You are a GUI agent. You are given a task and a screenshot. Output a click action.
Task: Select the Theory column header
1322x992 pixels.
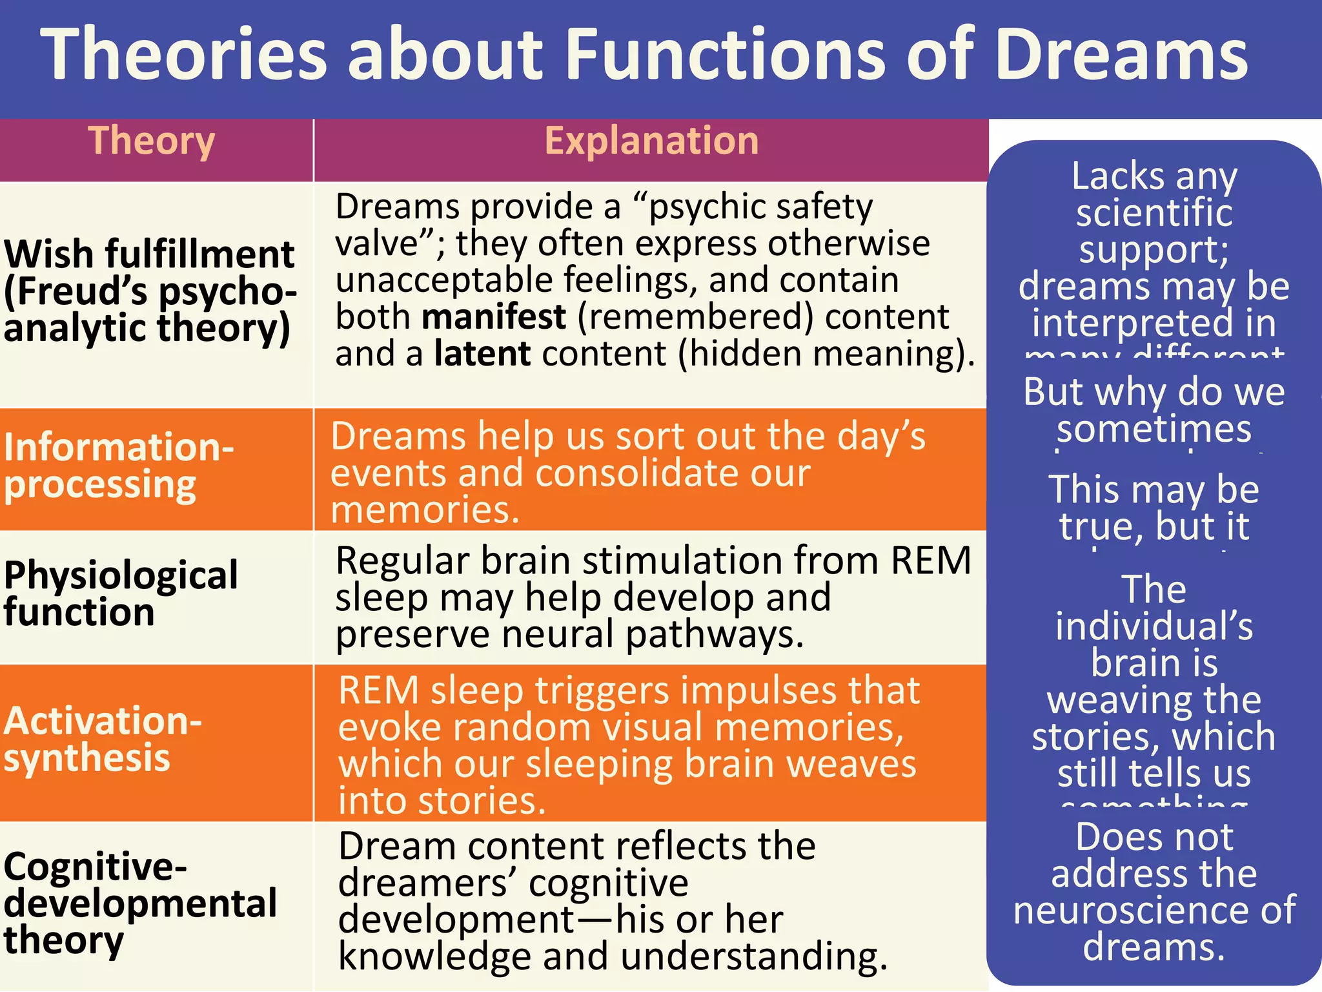coord(152,141)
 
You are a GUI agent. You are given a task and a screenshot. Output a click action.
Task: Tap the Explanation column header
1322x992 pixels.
coord(651,141)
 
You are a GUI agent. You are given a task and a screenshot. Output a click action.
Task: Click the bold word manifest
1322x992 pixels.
coord(494,317)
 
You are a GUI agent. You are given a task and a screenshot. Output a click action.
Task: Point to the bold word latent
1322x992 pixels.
coord(482,354)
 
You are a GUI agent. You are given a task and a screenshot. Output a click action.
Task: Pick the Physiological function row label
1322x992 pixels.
coord(121,593)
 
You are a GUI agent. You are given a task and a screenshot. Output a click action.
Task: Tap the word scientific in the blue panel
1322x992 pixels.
coord(1154,213)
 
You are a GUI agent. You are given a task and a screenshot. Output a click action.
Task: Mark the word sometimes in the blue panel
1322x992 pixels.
coord(1154,429)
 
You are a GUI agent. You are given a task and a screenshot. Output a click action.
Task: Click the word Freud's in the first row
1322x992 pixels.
coord(83,291)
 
